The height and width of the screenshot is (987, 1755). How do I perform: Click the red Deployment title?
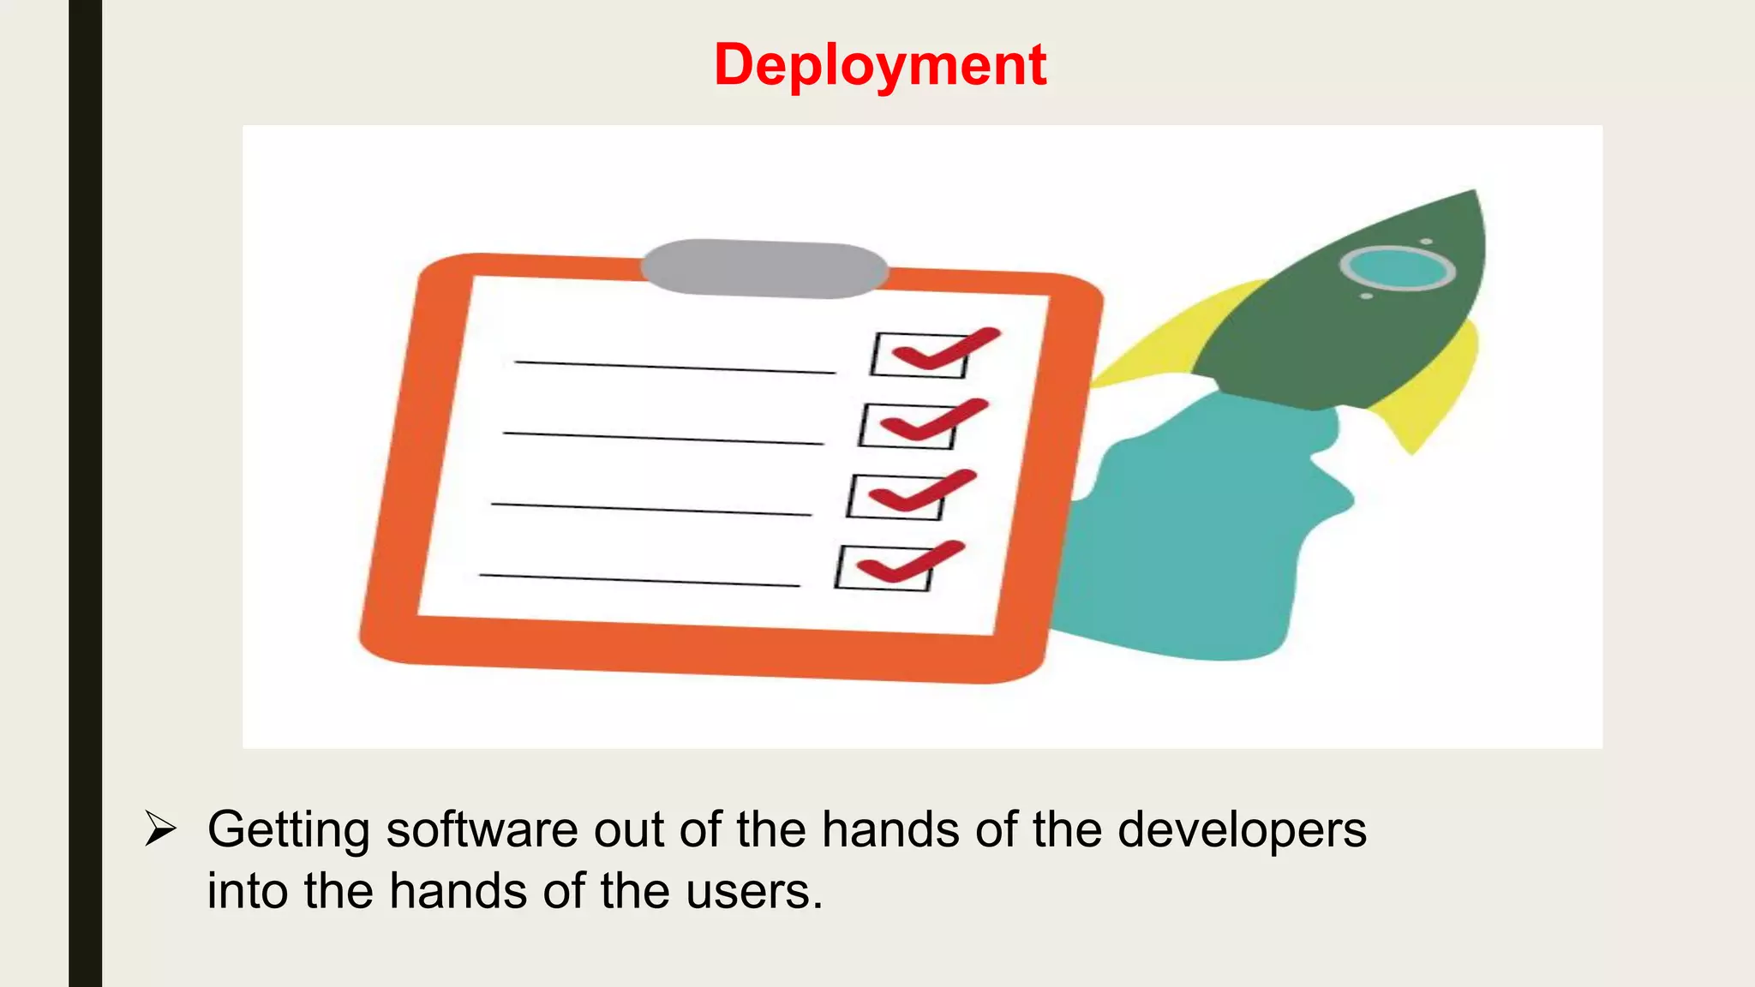[879, 65]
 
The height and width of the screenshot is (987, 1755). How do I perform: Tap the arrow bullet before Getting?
[160, 828]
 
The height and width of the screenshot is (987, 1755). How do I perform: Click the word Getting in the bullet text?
[288, 830]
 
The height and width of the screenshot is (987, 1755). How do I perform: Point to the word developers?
[1242, 830]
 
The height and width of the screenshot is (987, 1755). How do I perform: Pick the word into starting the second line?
[248, 891]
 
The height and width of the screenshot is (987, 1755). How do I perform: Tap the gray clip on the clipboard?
[764, 268]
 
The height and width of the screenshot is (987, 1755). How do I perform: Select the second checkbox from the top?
[907, 426]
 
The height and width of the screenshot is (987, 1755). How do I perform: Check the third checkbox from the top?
[895, 497]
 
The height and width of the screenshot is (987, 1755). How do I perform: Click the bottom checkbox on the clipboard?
[883, 568]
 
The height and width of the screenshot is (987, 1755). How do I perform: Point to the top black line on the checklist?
[674, 368]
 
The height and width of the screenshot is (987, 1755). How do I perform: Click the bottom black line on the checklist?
[639, 580]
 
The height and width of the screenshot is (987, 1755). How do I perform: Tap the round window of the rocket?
[1397, 268]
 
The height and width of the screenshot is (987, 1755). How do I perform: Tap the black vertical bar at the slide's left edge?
[85, 493]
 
